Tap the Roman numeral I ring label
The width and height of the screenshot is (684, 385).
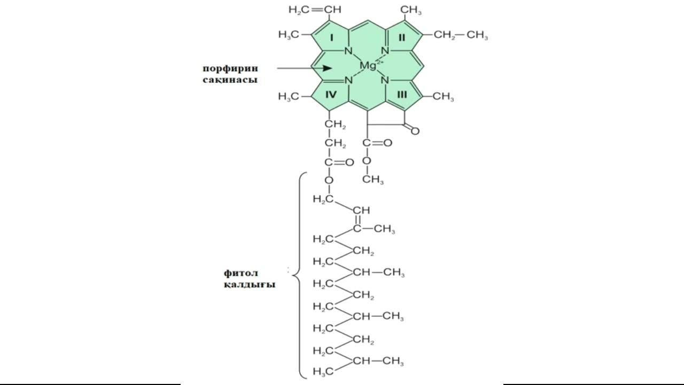[x=331, y=37]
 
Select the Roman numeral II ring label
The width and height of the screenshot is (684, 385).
[x=402, y=37]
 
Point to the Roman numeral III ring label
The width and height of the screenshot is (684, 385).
[x=402, y=95]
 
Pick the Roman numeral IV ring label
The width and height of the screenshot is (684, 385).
[x=331, y=95]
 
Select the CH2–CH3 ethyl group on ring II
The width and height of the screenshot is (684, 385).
[x=461, y=35]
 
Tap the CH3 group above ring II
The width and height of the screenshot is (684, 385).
[x=410, y=10]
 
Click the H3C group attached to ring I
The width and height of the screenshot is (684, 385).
[x=289, y=35]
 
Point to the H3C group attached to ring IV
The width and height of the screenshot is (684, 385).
[x=289, y=97]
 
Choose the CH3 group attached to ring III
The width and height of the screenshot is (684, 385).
[x=443, y=97]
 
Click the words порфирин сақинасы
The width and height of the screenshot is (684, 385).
[x=230, y=74]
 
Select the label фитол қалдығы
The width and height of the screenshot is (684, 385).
[x=249, y=279]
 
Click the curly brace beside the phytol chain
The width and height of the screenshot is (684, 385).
[x=299, y=275]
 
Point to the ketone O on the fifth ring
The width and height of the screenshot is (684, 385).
[x=415, y=130]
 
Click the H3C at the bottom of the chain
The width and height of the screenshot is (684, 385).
[x=323, y=371]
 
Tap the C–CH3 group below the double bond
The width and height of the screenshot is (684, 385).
[x=374, y=229]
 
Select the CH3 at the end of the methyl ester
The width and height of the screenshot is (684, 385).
[x=373, y=180]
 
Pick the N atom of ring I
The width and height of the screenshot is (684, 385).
[x=348, y=51]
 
